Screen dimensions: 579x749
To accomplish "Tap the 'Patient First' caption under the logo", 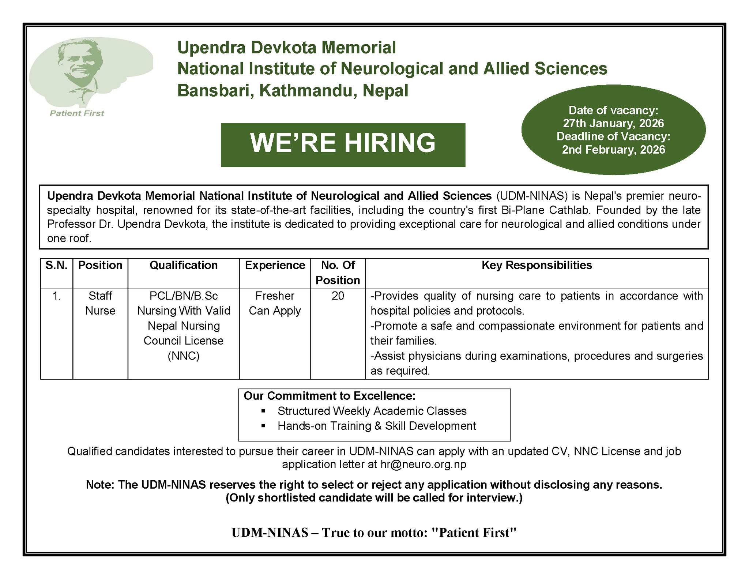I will click(x=77, y=113).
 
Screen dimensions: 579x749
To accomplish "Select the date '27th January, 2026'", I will click(x=613, y=123).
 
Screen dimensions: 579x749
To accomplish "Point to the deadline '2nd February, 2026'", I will click(x=613, y=150).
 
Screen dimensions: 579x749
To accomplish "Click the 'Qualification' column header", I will click(x=184, y=265).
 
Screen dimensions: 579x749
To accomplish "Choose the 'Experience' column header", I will click(x=275, y=265).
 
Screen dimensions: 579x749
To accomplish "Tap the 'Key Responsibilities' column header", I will click(x=537, y=265).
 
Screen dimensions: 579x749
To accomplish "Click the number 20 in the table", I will click(x=338, y=296).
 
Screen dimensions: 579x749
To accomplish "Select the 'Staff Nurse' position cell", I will click(x=100, y=303).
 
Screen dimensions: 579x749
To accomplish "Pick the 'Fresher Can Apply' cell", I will click(x=275, y=303).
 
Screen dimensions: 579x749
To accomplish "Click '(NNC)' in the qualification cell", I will click(x=184, y=356).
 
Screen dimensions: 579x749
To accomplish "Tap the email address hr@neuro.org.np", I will click(x=423, y=465).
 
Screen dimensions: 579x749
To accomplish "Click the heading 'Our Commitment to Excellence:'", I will click(x=330, y=396).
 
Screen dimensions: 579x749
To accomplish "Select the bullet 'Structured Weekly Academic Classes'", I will click(x=372, y=411).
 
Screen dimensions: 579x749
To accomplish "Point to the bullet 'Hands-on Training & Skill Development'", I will click(x=377, y=426).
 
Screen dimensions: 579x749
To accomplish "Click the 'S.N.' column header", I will click(x=56, y=265).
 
